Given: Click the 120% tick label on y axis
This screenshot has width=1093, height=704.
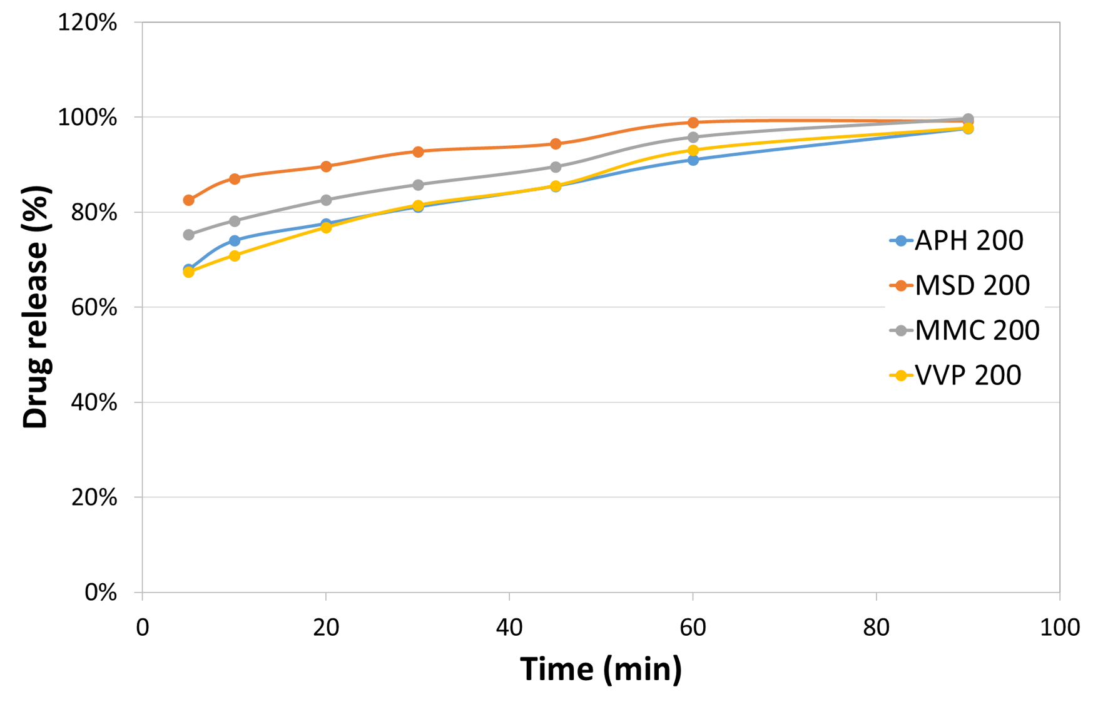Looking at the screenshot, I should coord(88,23).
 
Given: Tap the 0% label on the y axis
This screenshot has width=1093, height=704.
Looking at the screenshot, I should coord(101,593).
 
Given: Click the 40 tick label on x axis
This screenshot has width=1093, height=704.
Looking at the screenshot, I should coord(509,628).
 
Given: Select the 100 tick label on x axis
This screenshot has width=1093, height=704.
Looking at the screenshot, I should coord(1059,628).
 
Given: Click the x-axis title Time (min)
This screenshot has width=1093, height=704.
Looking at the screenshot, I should coord(601,670).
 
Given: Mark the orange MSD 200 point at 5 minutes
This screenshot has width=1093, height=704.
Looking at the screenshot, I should coord(188,200).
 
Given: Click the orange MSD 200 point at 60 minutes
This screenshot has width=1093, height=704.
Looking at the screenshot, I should coord(693,123).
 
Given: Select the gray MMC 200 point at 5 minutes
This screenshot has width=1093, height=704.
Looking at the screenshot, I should coord(188,235).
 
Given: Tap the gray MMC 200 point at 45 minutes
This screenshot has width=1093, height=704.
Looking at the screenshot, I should coord(556,167).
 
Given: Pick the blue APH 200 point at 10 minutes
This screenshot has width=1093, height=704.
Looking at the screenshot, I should coord(235,241).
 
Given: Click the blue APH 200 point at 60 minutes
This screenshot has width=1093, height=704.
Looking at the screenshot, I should coord(693,160).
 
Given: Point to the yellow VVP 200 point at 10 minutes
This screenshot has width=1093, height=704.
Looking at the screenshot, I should coord(235,256).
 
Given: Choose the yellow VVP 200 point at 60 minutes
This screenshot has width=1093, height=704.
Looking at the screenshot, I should coord(693,150).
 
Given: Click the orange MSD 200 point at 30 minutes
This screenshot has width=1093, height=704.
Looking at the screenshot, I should coord(418,151).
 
